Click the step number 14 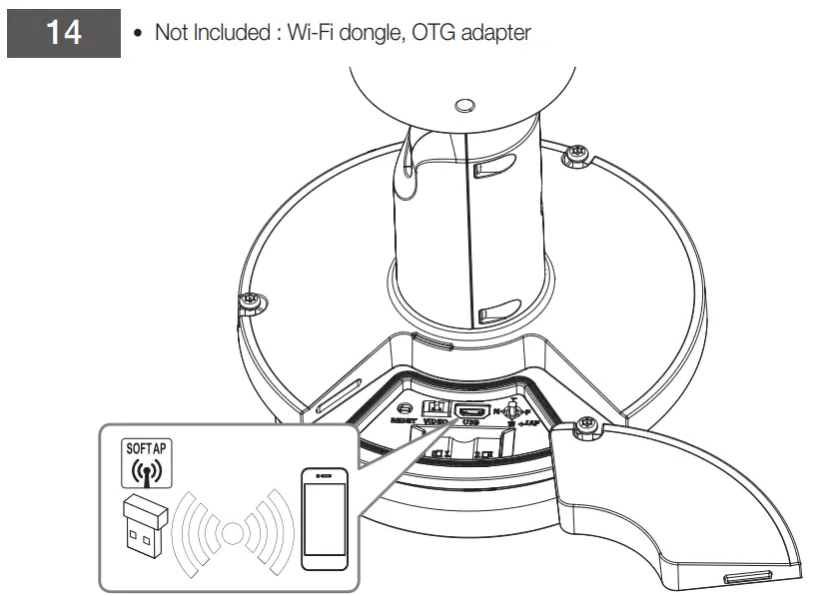tap(63, 33)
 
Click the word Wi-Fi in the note tap(310, 33)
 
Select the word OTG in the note tap(425, 33)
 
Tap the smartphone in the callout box tap(325, 520)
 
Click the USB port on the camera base tap(471, 411)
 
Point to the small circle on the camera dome tap(463, 105)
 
